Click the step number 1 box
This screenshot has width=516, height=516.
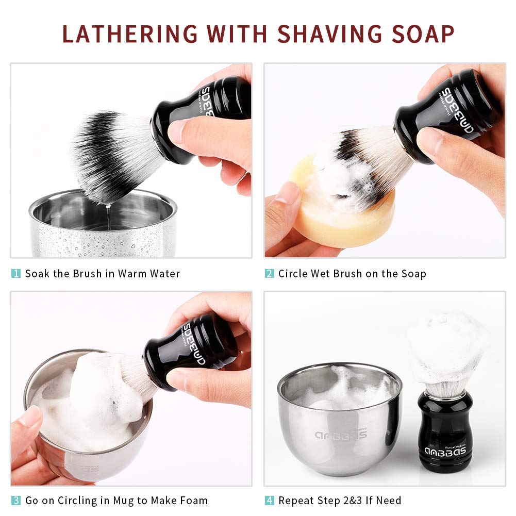pyautogui.click(x=16, y=274)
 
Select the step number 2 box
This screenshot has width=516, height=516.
pyautogui.click(x=270, y=274)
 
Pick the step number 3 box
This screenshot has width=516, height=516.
pyautogui.click(x=16, y=500)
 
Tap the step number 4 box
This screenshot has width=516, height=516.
pyautogui.click(x=270, y=500)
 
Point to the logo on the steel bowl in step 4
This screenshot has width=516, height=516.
pyautogui.click(x=340, y=434)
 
